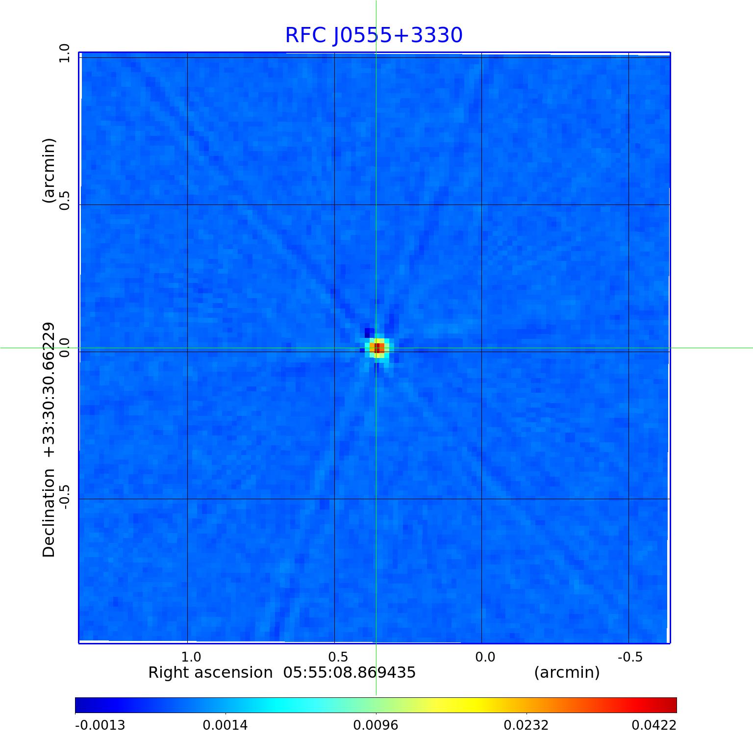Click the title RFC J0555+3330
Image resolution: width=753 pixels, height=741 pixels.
(374, 35)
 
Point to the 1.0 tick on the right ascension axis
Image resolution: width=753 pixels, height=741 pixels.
(191, 657)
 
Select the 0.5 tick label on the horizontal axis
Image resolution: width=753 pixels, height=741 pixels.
(338, 657)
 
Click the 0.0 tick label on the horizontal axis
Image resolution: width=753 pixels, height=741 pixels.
(485, 657)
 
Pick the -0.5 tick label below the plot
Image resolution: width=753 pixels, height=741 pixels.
(630, 657)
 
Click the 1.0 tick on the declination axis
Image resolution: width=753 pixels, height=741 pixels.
(65, 53)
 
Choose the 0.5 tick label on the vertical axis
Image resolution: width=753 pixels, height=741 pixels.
(65, 201)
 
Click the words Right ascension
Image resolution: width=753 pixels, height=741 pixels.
(210, 672)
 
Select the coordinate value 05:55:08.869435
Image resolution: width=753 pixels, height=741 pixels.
(350, 672)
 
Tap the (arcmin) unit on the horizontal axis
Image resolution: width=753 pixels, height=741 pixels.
(567, 672)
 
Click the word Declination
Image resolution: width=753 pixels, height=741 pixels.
(49, 513)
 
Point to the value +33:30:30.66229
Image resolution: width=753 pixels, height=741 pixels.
(49, 390)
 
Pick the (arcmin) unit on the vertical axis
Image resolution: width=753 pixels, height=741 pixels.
(49, 171)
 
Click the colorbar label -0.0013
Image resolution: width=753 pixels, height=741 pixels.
(100, 725)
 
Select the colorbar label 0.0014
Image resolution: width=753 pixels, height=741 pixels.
(226, 725)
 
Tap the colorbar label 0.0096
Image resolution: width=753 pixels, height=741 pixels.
(376, 725)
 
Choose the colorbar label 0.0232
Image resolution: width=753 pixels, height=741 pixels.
(527, 725)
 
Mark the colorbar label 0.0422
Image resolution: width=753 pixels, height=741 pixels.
(653, 725)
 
